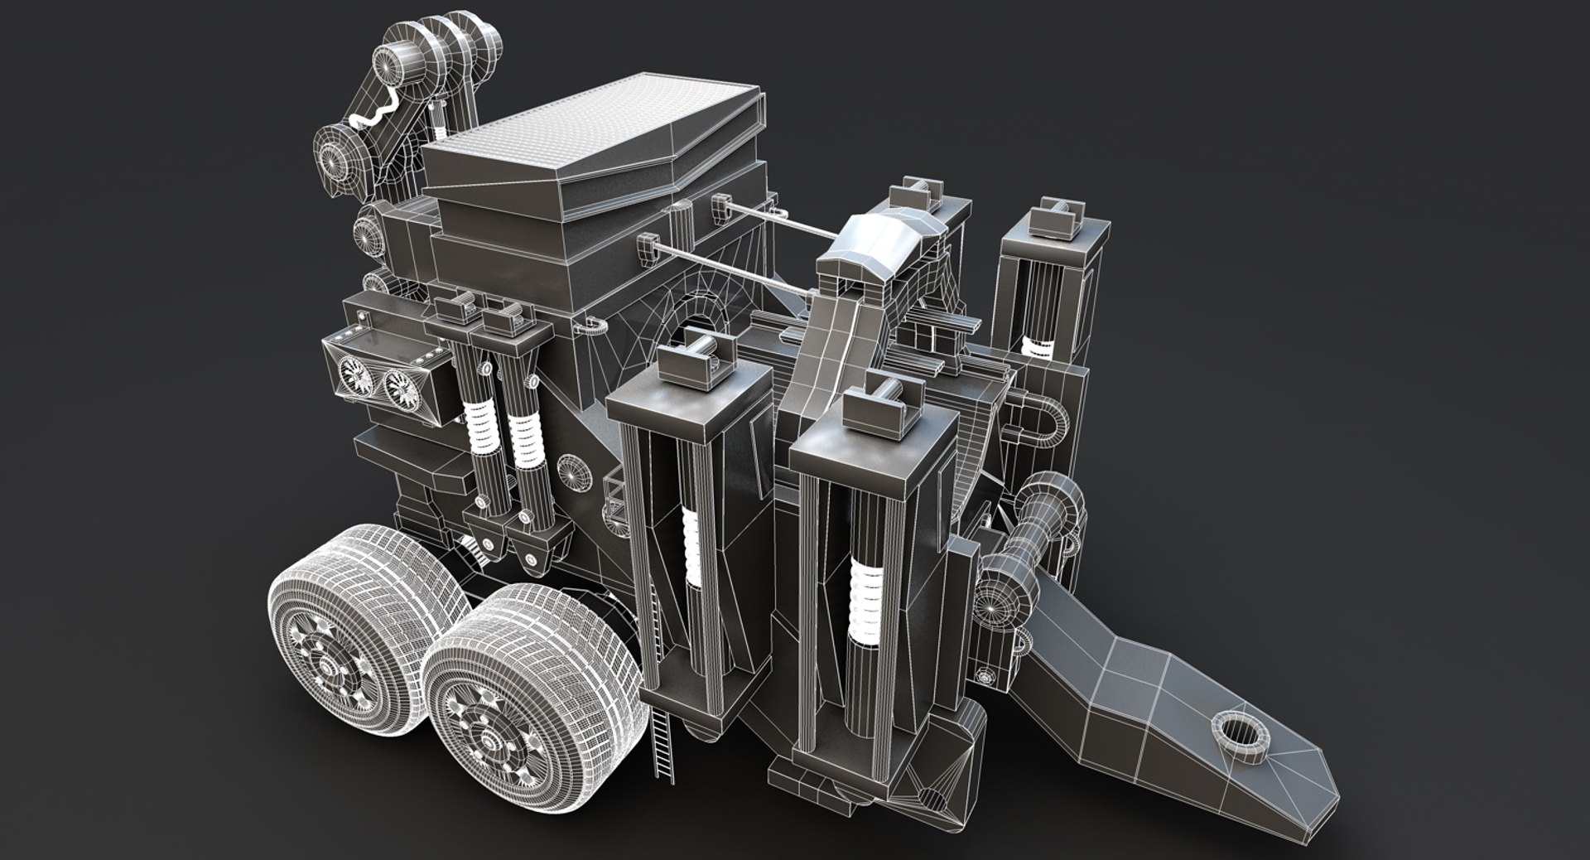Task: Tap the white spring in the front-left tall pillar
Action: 689,543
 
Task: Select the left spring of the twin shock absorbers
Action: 479,426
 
